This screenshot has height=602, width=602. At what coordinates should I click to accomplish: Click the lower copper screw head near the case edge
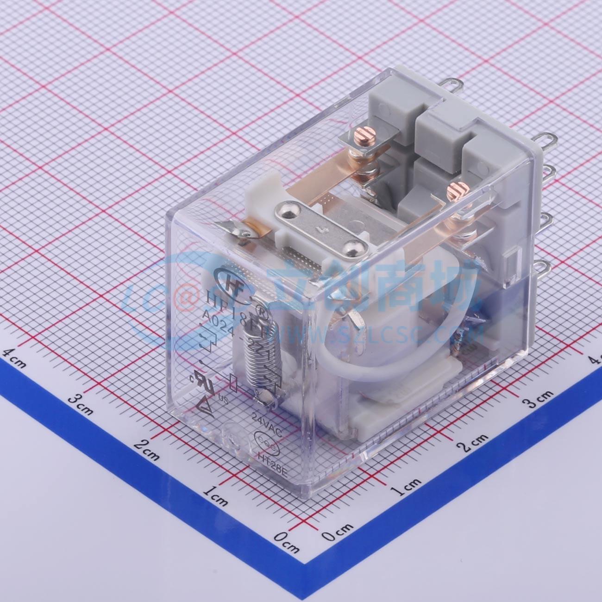point(456,190)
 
